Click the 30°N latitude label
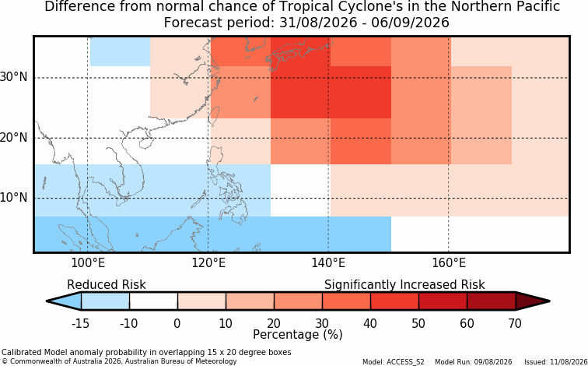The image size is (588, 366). click(x=14, y=77)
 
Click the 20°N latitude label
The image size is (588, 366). click(x=14, y=138)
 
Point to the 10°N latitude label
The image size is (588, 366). click(x=14, y=198)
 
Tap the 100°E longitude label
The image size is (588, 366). click(x=88, y=263)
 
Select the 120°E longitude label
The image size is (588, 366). click(x=208, y=263)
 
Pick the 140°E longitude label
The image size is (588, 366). click(x=328, y=263)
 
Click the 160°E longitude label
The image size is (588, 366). click(x=449, y=263)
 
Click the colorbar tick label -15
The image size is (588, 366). click(x=80, y=323)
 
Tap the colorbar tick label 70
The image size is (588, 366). click(x=515, y=323)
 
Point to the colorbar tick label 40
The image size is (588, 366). click(x=370, y=323)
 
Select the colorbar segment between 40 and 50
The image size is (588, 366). click(x=394, y=301)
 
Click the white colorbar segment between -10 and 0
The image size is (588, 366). click(x=153, y=301)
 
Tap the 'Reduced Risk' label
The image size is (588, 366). click(x=106, y=285)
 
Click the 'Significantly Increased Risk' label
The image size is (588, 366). click(x=404, y=285)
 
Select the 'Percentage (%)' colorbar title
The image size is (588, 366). click(x=298, y=335)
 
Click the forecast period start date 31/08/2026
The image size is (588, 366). click(x=318, y=23)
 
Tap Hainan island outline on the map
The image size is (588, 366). click(x=145, y=143)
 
